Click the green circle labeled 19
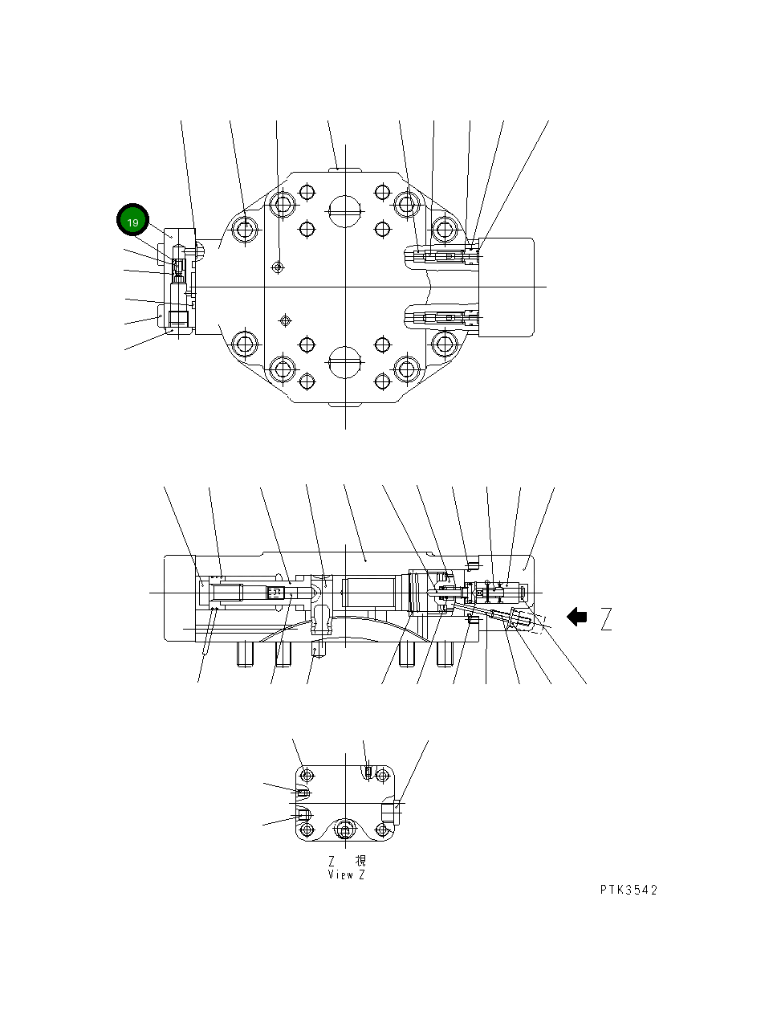coord(133,222)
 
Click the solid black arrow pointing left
coord(576,617)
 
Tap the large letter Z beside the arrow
coord(606,619)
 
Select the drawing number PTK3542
coord(629,890)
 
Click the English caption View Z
coord(346,874)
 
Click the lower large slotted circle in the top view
coord(345,363)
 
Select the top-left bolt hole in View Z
coord(305,776)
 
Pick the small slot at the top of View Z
coord(368,772)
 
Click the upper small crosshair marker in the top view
coord(278,267)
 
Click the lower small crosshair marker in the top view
coord(283,320)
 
